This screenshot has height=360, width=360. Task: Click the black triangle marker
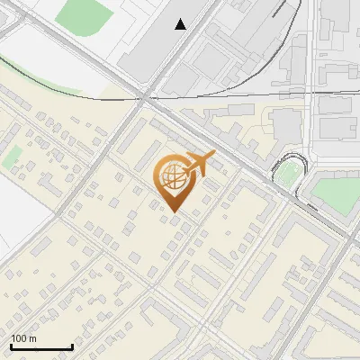181,24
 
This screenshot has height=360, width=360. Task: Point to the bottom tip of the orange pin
173,212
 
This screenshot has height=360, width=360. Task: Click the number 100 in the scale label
20,338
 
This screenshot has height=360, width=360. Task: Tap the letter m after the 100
32,338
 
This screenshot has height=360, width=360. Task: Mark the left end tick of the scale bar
11,346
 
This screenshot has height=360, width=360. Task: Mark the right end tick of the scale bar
72,346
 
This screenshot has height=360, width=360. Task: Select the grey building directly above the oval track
286,126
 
